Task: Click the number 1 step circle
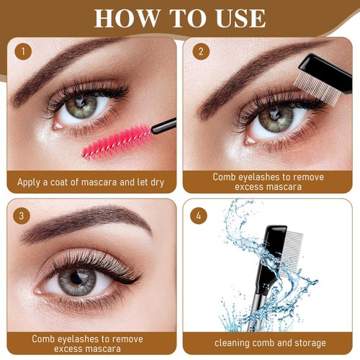[24, 52]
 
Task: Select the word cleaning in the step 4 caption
[233, 342]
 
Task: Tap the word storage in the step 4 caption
[305, 342]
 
